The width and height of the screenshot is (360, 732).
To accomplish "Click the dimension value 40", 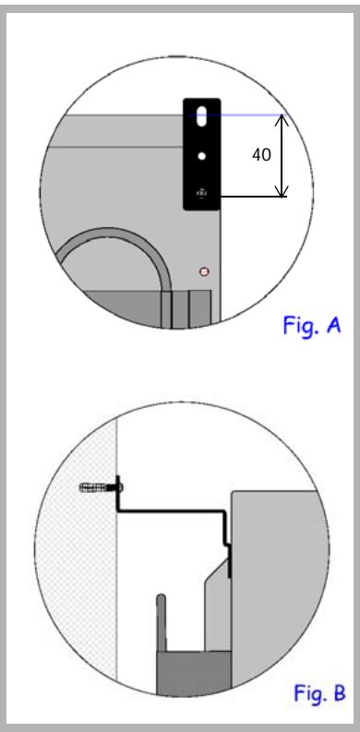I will (261, 155).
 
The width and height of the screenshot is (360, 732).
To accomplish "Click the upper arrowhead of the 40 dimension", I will (282, 120).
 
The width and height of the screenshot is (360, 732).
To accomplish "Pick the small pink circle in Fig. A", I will (205, 271).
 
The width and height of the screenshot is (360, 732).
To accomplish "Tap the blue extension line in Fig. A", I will (249, 115).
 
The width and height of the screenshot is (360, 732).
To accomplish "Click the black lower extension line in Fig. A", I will (249, 196).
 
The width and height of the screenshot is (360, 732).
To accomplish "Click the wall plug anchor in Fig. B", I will (99, 486).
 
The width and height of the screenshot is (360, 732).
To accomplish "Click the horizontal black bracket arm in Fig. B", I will (175, 510).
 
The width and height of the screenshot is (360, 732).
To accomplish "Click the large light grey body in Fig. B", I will (277, 591).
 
